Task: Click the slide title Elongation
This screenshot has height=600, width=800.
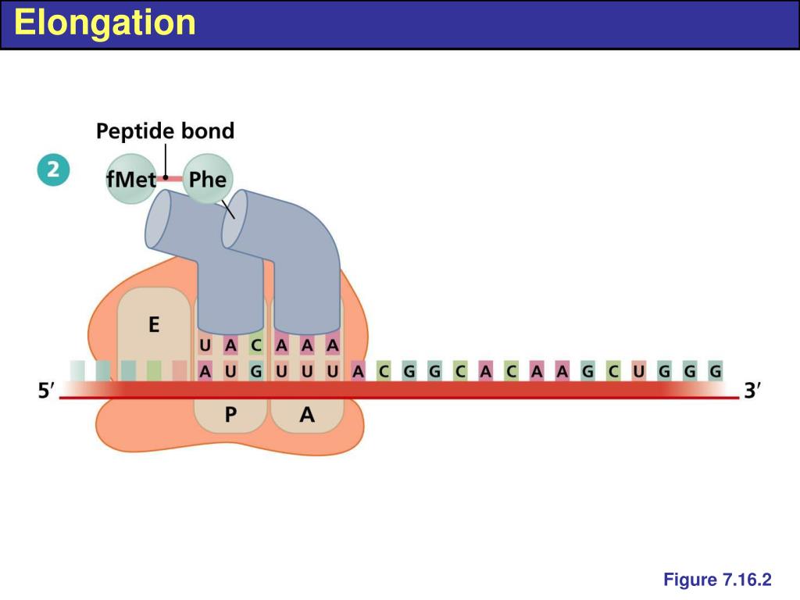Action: [105, 23]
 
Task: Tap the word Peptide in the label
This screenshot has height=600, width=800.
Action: [135, 130]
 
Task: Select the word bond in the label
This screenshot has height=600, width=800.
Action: [208, 130]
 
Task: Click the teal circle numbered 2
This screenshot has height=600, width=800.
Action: [53, 171]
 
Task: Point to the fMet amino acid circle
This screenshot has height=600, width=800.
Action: [131, 180]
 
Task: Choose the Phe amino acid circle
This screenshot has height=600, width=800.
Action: [208, 180]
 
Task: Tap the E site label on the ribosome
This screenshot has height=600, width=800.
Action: [154, 324]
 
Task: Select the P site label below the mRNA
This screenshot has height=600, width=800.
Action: [230, 416]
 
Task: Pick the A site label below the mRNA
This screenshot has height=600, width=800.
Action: [307, 416]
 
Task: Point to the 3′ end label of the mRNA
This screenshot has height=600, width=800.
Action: [752, 391]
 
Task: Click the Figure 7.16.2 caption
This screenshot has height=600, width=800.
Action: [717, 580]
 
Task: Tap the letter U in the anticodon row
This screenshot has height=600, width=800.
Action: [205, 345]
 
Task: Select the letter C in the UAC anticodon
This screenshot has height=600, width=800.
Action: [256, 345]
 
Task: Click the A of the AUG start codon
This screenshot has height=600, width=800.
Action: [205, 371]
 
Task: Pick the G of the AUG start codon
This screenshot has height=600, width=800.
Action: [256, 371]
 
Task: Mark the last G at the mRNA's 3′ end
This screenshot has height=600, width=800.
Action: [714, 371]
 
